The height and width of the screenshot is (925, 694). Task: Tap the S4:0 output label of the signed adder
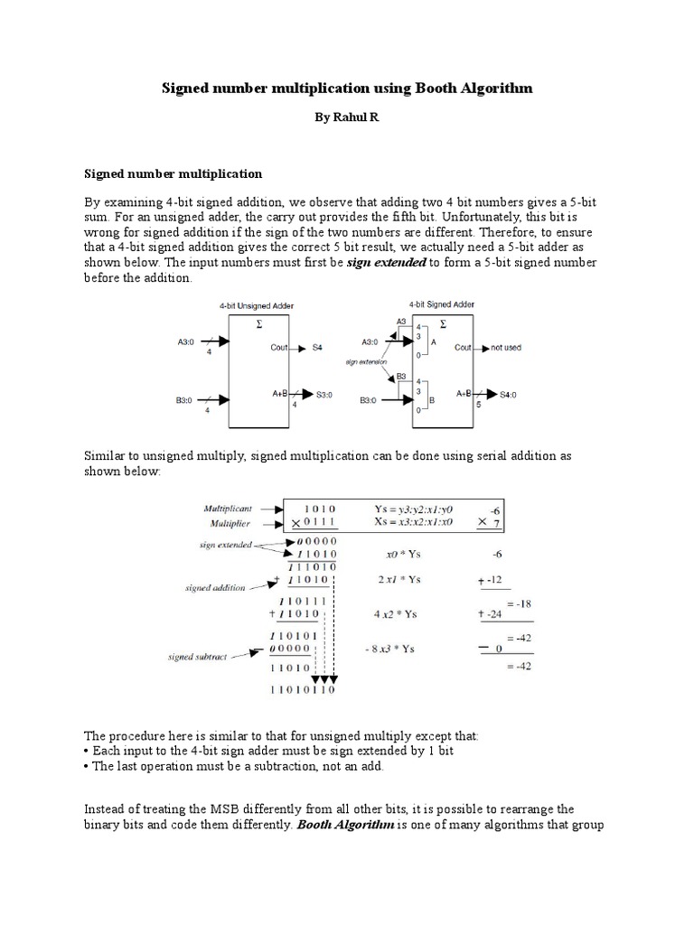[511, 395]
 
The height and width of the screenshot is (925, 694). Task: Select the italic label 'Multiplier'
[231, 522]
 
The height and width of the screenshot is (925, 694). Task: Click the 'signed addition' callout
[214, 587]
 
